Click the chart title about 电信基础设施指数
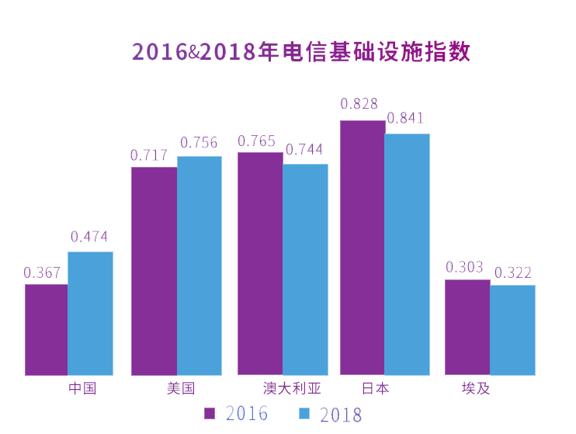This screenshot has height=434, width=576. tap(301, 52)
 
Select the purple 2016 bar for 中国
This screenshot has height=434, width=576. tap(46, 329)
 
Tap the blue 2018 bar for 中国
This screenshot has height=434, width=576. tap(90, 313)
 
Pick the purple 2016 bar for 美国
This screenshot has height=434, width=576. tap(154, 271)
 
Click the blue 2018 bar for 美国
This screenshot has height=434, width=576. tap(199, 266)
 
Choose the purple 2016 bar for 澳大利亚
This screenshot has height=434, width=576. tap(260, 263)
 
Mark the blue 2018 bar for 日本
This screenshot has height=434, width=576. tap(407, 254)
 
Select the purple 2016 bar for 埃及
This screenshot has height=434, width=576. tap(467, 327)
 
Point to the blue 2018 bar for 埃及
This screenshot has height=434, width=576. tap(512, 330)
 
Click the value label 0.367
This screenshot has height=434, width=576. tap(43, 273)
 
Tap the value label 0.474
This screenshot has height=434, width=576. tap(89, 238)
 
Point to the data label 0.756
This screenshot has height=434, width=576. tap(199, 143)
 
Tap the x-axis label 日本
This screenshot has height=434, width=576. tap(376, 388)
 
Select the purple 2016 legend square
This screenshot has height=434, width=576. tap(210, 412)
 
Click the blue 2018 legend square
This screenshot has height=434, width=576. tap(305, 412)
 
